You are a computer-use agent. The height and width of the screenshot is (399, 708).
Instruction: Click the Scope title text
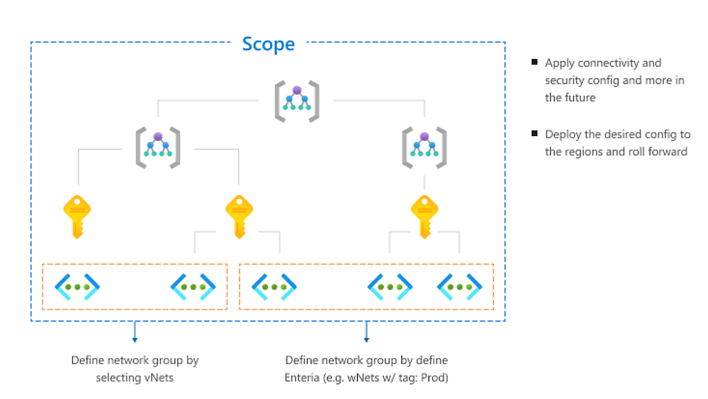pos(268,44)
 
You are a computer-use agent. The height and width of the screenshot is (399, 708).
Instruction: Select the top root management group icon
pos(297,101)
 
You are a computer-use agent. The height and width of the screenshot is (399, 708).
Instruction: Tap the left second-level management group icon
pos(157,147)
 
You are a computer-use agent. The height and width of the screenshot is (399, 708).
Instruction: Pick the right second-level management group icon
pos(424,147)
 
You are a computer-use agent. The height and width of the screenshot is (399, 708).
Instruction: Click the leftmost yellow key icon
pos(77,217)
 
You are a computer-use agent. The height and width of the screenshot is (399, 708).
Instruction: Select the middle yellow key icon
pos(240,217)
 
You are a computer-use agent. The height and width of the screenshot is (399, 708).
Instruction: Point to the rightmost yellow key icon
pos(425,217)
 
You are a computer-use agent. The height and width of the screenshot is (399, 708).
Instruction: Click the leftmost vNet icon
pos(77,286)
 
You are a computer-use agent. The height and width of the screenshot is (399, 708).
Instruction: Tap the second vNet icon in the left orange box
pos(193,286)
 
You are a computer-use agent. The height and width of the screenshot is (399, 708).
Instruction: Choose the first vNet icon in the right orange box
pos(274,286)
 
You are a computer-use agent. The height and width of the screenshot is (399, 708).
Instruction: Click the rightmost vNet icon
pos(460,286)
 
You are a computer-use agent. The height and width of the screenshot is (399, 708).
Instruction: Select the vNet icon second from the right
pos(390,286)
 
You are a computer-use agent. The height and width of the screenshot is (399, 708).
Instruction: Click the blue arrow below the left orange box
pos(135,332)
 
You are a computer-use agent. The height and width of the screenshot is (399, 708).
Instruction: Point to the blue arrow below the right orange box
pos(366,332)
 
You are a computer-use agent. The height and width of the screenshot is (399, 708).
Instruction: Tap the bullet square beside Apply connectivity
pos(534,62)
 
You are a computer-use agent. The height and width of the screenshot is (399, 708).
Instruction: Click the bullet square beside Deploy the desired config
pos(534,133)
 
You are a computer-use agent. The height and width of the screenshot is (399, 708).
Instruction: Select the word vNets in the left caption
pos(159,377)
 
